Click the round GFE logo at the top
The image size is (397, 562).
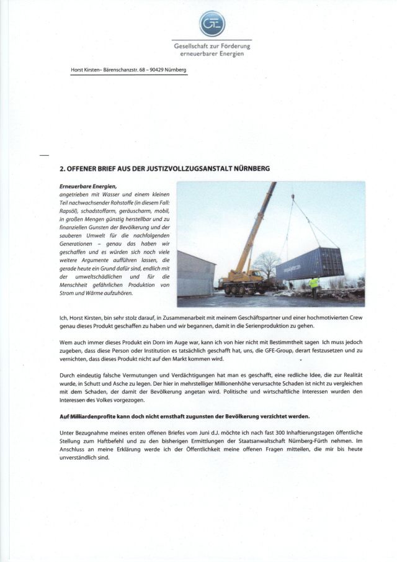[x=212, y=24]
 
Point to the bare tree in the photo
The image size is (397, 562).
[x=267, y=263]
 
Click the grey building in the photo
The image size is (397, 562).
[x=196, y=273]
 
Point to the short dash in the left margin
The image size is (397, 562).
[x=43, y=153]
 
